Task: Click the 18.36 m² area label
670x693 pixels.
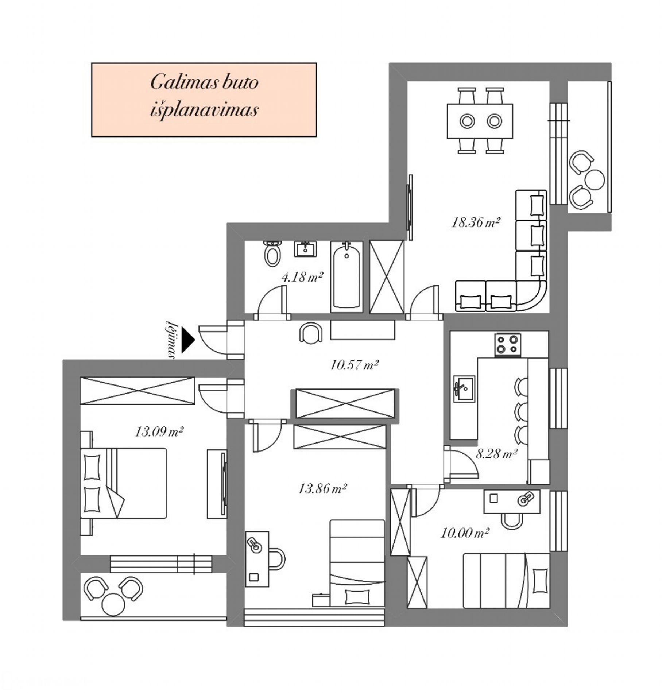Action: (475, 222)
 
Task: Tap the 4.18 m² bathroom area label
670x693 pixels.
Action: (302, 278)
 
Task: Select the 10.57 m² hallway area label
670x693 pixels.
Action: (354, 365)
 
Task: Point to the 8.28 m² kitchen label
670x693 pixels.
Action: (497, 454)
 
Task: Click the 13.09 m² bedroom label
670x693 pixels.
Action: (159, 432)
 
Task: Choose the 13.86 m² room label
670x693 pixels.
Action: (322, 488)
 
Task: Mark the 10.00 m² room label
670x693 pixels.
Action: (465, 533)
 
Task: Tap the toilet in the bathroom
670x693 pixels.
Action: (272, 253)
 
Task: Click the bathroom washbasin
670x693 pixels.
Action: (305, 249)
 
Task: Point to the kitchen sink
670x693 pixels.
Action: (464, 389)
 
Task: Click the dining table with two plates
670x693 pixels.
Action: (480, 121)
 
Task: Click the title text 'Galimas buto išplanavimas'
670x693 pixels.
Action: (204, 96)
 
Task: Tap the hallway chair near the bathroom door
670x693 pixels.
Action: (311, 333)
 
